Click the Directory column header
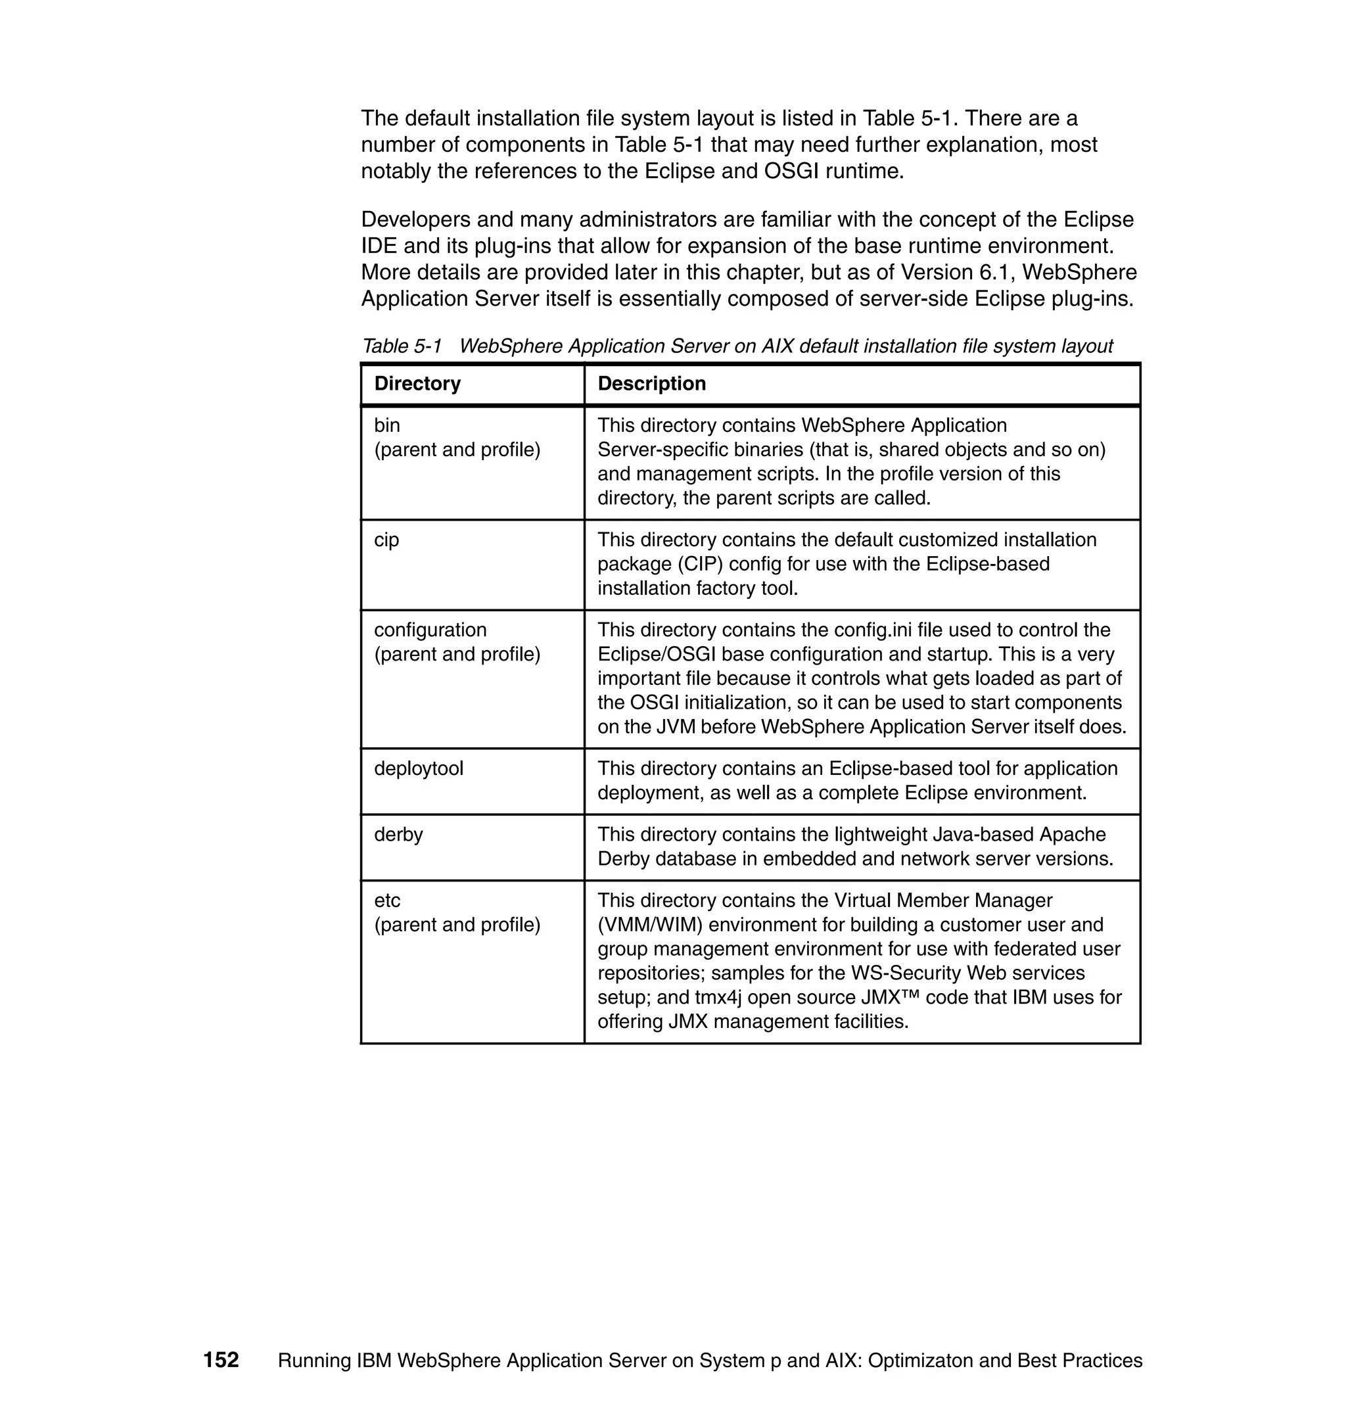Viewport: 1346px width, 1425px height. point(417,384)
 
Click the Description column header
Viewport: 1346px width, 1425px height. point(651,384)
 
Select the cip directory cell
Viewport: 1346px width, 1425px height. point(386,540)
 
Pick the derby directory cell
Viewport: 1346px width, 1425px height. point(398,835)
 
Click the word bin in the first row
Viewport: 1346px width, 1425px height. point(386,425)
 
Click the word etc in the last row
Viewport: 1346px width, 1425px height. point(388,900)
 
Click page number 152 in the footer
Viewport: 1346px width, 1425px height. point(221,1361)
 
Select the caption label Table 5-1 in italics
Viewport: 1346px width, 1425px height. point(402,346)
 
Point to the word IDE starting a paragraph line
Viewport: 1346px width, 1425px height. point(379,246)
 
